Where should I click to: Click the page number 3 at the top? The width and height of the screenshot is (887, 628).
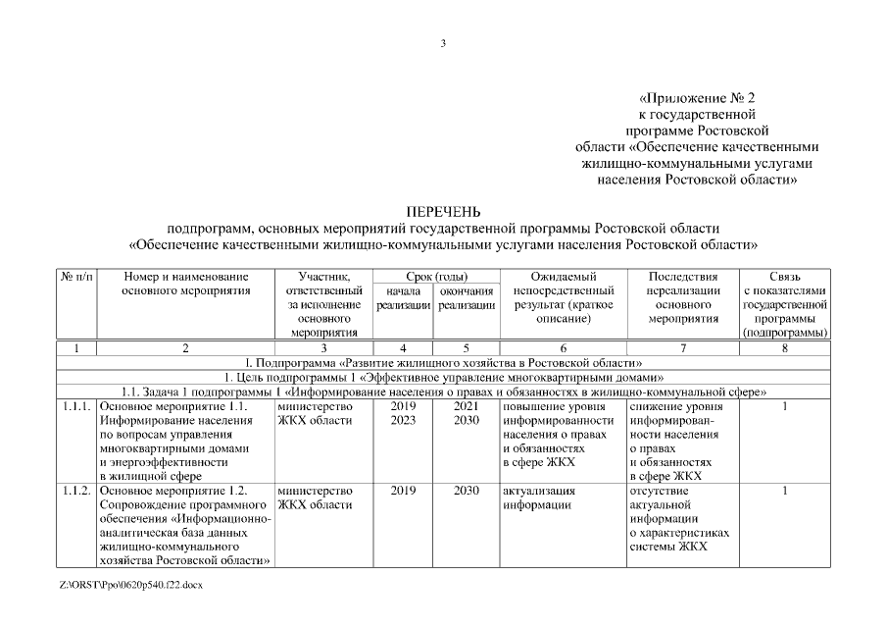click(x=443, y=42)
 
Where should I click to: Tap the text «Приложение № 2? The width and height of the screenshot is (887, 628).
click(x=697, y=98)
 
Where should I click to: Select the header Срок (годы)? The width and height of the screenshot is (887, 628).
click(x=436, y=277)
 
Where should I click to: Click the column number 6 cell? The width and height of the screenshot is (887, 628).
click(x=562, y=347)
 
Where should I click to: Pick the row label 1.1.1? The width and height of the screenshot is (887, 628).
click(x=76, y=405)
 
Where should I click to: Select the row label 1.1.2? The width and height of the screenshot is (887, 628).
click(x=76, y=490)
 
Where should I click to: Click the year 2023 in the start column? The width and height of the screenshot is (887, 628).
click(x=403, y=420)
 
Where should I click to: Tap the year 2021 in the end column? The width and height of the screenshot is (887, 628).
click(x=466, y=405)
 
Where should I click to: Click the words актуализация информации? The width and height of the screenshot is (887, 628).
click(x=538, y=497)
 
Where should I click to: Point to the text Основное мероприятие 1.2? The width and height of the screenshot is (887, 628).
click(x=172, y=490)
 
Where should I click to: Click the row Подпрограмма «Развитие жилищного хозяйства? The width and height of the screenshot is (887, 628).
click(x=443, y=362)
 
